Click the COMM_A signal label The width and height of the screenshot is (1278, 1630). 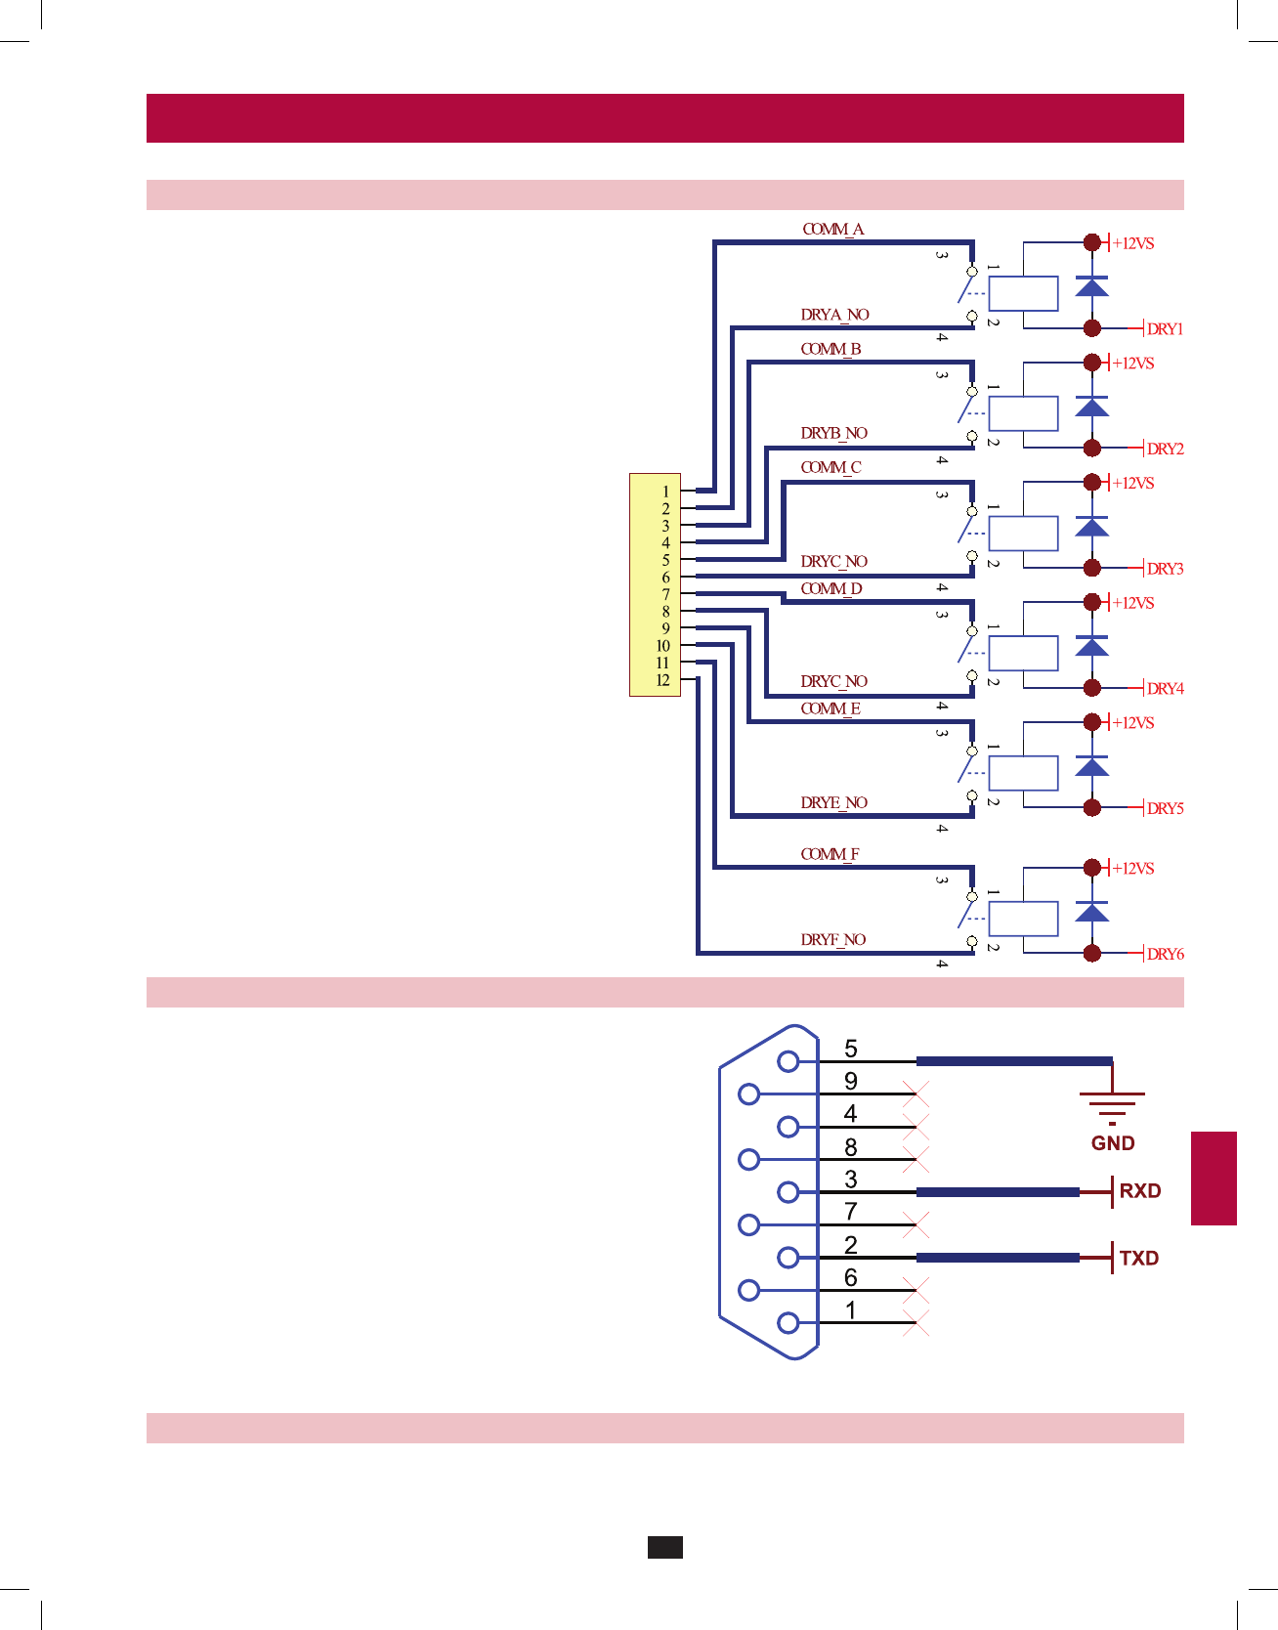click(x=832, y=230)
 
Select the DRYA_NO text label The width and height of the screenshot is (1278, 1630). click(x=834, y=315)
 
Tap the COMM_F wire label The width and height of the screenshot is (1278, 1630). click(x=830, y=854)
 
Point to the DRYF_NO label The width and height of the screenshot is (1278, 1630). click(x=832, y=940)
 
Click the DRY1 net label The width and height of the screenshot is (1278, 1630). click(x=1165, y=329)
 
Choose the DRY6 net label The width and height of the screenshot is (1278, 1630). click(x=1165, y=954)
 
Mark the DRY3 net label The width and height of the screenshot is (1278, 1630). click(x=1165, y=569)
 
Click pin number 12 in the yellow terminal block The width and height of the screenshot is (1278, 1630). click(x=662, y=680)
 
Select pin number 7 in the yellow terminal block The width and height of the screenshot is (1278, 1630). click(x=665, y=594)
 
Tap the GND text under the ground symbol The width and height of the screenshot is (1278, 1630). click(x=1113, y=1143)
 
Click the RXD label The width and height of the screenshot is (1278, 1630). click(x=1139, y=1191)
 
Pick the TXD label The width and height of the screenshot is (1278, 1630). click(x=1138, y=1259)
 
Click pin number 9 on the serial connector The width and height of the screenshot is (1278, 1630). click(x=851, y=1081)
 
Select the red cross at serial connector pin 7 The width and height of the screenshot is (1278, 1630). click(x=916, y=1224)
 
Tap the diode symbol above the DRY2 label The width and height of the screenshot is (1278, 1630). click(x=1091, y=407)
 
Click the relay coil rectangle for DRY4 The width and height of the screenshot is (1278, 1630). click(x=1023, y=653)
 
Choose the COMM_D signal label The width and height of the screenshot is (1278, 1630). click(x=831, y=589)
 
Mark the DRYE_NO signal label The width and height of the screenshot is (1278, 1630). click(x=833, y=803)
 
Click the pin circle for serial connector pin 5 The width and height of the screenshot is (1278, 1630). click(x=788, y=1061)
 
